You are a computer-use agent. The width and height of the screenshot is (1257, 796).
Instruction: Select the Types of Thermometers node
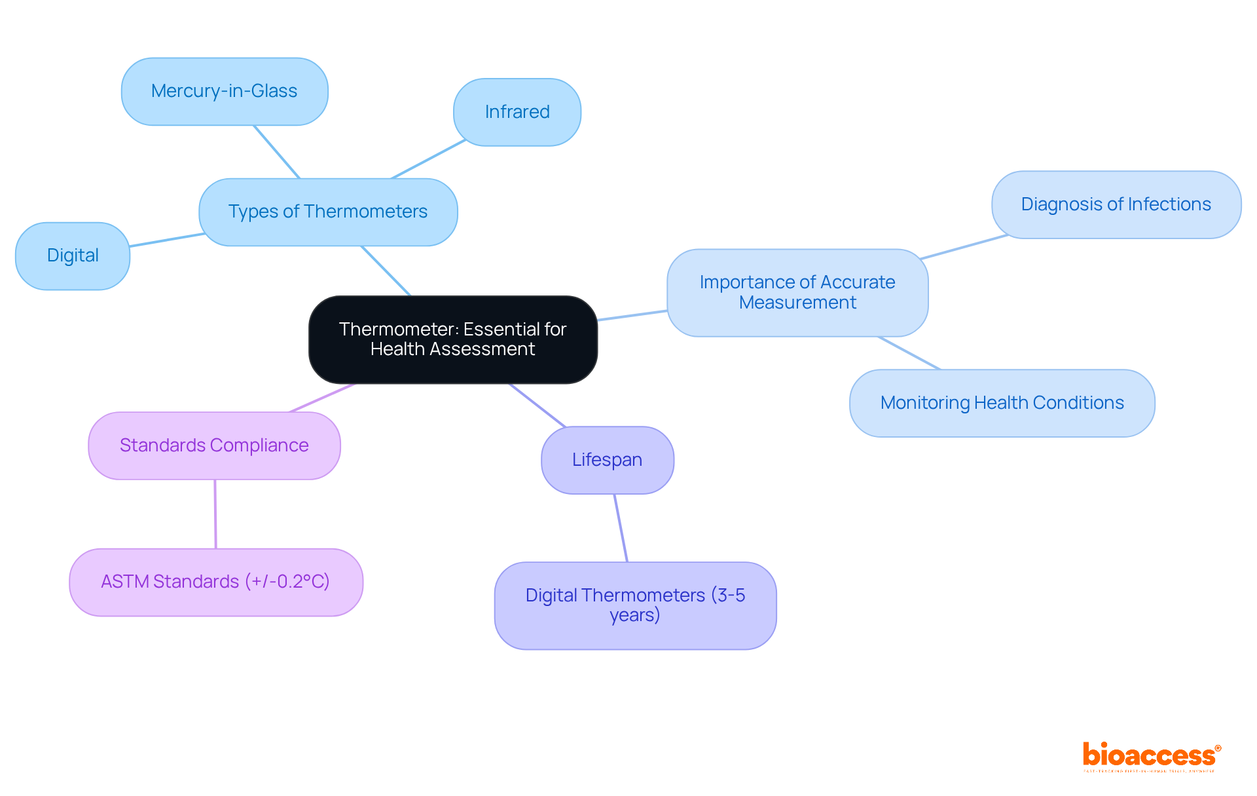[x=328, y=212]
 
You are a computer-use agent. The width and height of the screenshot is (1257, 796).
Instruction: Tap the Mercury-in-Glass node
[x=225, y=91]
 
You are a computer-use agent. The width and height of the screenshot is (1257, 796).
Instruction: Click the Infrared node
[x=517, y=112]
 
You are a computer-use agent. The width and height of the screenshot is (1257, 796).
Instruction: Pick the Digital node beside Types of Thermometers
[x=73, y=256]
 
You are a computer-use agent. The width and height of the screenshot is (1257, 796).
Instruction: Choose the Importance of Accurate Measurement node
[x=797, y=292]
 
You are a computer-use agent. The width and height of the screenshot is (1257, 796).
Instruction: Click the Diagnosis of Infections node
[x=1116, y=204]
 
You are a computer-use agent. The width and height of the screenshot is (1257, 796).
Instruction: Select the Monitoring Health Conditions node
[x=1002, y=403]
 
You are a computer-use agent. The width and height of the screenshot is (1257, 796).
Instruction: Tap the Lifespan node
[x=607, y=460]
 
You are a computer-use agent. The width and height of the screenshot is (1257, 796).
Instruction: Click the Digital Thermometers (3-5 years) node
[x=635, y=605]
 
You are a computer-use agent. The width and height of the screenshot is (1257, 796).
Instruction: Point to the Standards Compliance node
[x=214, y=445]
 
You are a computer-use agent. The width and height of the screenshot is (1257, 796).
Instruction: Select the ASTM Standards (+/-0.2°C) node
[x=215, y=582]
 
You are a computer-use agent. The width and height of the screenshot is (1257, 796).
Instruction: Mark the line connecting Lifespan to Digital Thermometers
[x=621, y=528]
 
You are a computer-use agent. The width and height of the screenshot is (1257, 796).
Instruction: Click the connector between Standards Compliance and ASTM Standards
[x=215, y=514]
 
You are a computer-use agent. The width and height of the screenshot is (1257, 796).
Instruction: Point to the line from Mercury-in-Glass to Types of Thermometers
[x=276, y=151]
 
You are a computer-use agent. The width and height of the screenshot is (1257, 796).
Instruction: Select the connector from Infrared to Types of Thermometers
[x=428, y=159]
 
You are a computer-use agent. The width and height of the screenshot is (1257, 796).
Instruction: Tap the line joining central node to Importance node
[x=632, y=315]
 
